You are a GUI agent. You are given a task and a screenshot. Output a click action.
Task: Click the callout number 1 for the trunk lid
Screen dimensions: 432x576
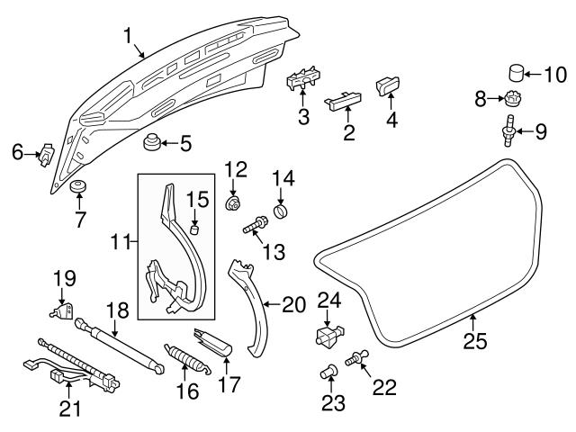[129, 36]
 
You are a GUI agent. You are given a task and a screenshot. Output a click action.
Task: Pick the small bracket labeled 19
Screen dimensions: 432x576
[61, 311]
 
